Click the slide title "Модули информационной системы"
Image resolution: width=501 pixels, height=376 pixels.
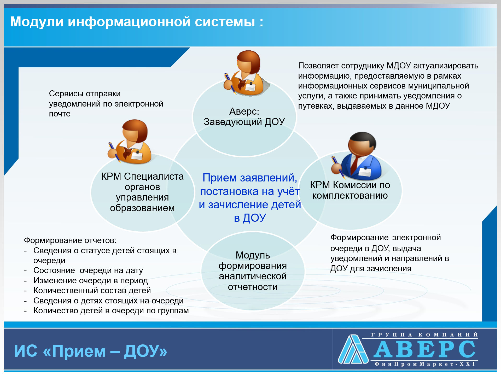(x=132, y=22)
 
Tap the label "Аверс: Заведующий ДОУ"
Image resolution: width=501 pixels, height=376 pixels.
(x=244, y=116)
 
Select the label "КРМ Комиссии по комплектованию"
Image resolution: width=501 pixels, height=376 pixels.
(x=350, y=190)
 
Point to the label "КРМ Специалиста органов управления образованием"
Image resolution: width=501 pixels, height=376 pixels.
(x=142, y=192)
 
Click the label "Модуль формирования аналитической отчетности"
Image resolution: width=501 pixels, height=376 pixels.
(x=253, y=271)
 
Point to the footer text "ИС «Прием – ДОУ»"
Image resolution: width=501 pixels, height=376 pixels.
(x=91, y=351)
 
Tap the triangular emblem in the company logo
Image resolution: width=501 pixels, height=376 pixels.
(x=353, y=349)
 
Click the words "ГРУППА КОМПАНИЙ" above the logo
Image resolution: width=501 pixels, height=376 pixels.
(x=424, y=335)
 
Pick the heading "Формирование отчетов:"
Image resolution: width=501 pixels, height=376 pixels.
(x=70, y=240)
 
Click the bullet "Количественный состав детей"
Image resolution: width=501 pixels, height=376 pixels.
(x=92, y=290)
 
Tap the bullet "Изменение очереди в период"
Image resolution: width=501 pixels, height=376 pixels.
(x=91, y=280)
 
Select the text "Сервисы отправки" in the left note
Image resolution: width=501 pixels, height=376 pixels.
(x=85, y=93)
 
